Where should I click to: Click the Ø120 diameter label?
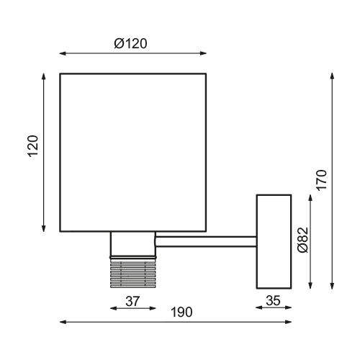130,43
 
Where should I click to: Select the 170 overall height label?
322,179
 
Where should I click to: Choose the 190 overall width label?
181,312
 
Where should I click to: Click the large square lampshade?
132,152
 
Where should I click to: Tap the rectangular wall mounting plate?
274,240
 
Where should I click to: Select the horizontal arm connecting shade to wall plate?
205,242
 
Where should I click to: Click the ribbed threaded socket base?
132,274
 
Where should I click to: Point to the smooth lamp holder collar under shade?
132,244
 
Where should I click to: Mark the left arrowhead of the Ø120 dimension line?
63,53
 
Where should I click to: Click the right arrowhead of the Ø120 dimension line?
203,53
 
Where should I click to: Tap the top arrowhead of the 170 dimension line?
332,76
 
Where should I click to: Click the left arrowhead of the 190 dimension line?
63,322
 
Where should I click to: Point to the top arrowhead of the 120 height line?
45,76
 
